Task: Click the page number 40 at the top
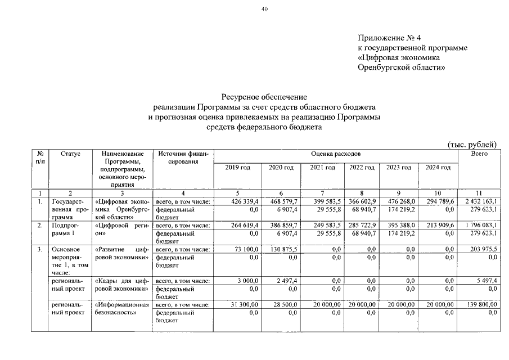[265, 8]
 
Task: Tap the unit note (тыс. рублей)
[472, 145]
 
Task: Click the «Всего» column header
[479, 154]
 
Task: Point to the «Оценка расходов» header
[335, 154]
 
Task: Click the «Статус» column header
[71, 154]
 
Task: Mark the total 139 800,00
[479, 304]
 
